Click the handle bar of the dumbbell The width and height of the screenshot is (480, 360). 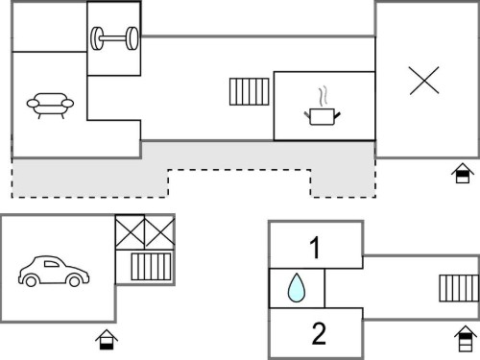pos(113,38)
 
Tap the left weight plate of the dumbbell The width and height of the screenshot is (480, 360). pos(97,38)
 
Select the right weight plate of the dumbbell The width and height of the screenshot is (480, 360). pos(132,38)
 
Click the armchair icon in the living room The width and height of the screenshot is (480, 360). pos(50,106)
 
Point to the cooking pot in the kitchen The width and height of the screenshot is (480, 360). pos(322,116)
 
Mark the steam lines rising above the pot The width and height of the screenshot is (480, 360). pos(324,96)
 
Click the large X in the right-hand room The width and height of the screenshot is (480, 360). pos(424,81)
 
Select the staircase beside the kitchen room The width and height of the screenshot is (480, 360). pos(250,91)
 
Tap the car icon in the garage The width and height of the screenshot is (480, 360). pos(54,271)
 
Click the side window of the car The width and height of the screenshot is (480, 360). pos(51,264)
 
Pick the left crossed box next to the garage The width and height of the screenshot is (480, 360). pos(130,232)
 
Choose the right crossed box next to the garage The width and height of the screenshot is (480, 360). pos(159,232)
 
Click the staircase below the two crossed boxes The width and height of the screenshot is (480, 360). pos(151,267)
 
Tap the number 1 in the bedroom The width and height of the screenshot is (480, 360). pos(315,248)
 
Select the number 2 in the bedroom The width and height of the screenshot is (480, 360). pos(319,333)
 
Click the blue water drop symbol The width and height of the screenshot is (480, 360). pos(297,287)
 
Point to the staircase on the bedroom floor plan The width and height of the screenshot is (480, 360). pos(459,288)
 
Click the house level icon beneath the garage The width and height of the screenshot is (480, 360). pos(107,340)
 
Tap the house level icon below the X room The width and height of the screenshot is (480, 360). pos(463,173)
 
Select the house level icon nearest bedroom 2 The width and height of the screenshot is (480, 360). pos(466,339)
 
